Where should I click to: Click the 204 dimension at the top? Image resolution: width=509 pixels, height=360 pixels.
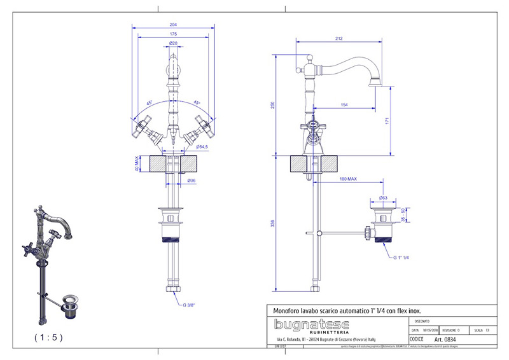click(x=173, y=24)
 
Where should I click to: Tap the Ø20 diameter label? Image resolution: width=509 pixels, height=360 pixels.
click(x=173, y=43)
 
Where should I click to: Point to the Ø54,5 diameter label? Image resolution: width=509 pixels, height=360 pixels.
click(x=202, y=147)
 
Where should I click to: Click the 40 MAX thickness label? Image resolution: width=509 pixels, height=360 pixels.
click(x=136, y=164)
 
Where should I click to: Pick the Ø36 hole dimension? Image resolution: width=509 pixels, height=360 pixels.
click(x=191, y=181)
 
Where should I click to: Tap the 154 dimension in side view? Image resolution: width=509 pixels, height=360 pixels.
click(x=344, y=104)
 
